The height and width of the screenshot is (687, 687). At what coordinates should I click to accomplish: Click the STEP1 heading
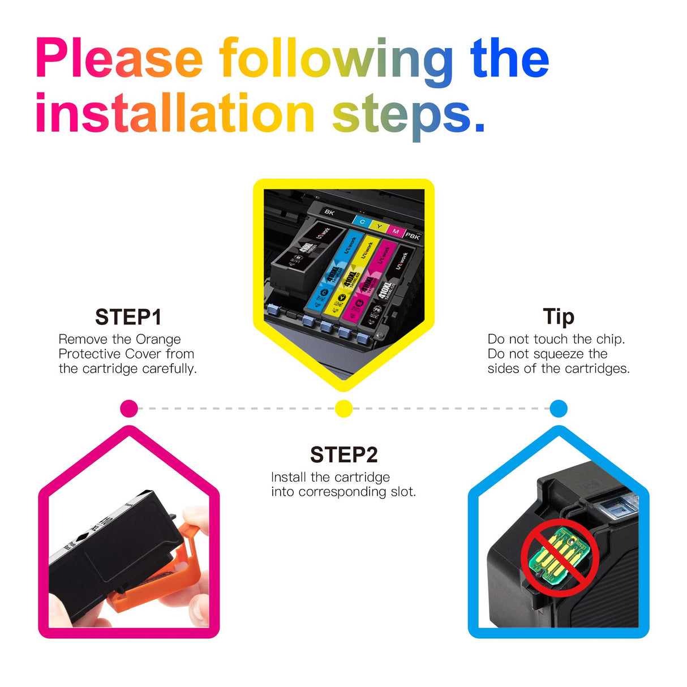click(128, 317)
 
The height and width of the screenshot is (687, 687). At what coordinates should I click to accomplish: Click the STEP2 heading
click(343, 455)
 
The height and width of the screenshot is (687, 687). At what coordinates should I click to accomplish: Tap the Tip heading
click(558, 316)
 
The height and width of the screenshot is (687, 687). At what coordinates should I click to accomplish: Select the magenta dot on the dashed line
click(129, 408)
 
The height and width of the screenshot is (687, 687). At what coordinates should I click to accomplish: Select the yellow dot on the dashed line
click(343, 408)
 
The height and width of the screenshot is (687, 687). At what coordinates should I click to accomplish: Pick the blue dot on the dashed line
click(558, 408)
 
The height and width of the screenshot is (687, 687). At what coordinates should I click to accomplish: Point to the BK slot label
click(329, 212)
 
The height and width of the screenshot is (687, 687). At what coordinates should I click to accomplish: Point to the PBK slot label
click(413, 236)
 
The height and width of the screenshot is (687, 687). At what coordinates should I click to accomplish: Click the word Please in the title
click(119, 59)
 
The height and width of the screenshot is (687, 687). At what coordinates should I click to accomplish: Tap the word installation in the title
click(174, 114)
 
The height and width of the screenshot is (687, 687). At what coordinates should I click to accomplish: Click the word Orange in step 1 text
click(158, 340)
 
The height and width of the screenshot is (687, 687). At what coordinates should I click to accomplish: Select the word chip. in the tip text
click(610, 340)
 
